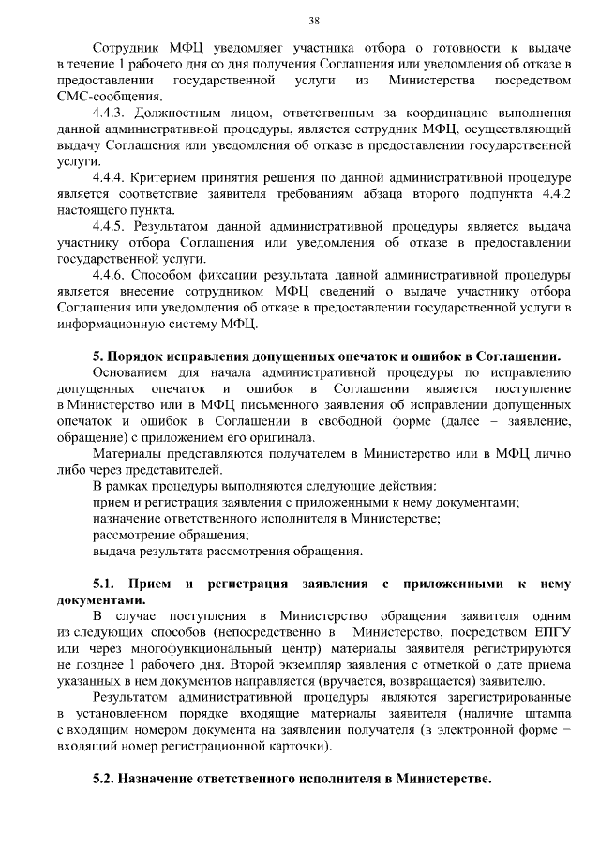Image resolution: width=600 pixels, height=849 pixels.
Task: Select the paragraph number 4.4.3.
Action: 112,112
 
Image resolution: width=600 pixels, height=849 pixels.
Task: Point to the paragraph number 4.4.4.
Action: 112,177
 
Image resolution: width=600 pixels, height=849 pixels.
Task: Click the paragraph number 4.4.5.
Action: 112,226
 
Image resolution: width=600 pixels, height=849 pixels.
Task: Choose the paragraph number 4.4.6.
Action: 112,275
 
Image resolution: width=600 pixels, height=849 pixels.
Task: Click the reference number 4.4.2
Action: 554,193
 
